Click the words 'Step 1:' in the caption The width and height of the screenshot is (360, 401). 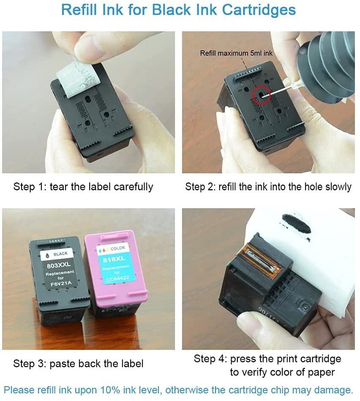[x=30, y=187]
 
